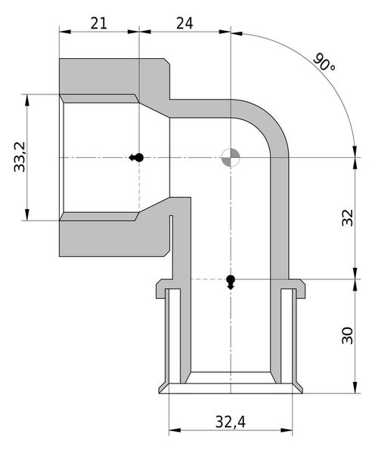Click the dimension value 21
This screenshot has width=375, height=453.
click(98, 23)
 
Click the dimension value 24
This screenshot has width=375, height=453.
click(184, 23)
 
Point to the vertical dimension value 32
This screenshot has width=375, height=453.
click(347, 218)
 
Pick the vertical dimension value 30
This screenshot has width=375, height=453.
click(347, 336)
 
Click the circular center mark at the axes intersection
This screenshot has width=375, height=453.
click(231, 157)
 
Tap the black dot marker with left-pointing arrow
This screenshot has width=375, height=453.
click(137, 157)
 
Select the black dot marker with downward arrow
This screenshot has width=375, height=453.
click(231, 282)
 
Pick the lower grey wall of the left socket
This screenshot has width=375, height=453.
click(113, 236)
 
